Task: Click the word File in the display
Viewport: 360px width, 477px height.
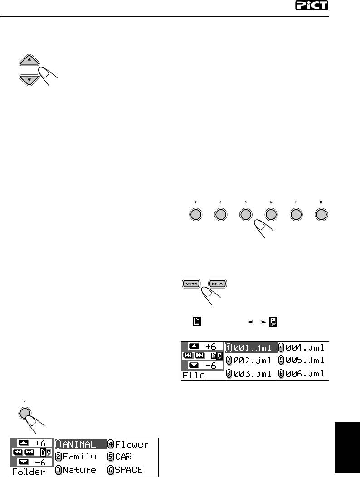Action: tap(194, 375)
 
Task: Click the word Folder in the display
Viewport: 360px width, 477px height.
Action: tap(29, 471)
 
